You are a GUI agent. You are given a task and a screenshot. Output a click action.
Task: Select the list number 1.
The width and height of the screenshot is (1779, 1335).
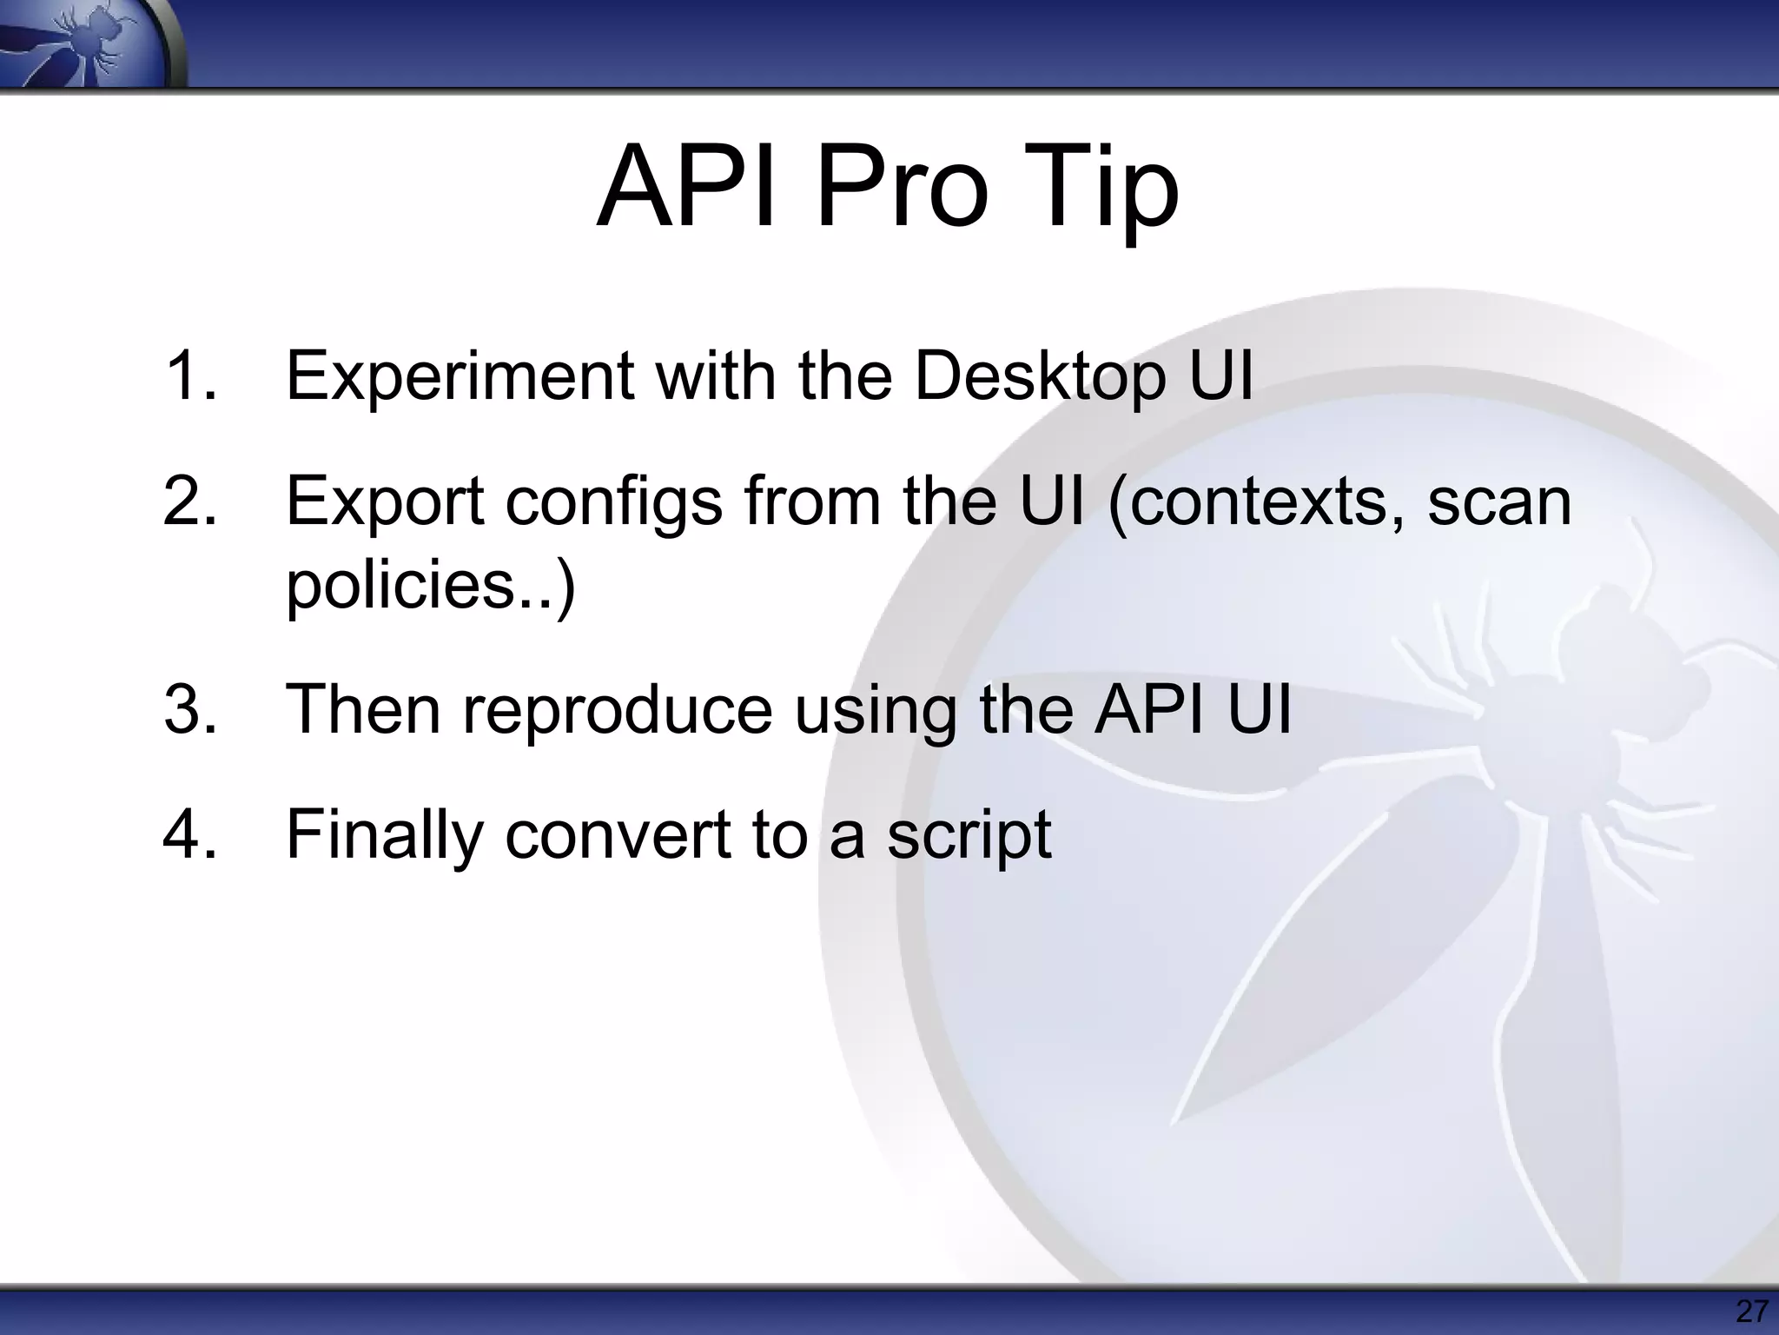[189, 375]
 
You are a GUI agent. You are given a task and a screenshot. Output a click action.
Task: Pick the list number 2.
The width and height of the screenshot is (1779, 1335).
[189, 501]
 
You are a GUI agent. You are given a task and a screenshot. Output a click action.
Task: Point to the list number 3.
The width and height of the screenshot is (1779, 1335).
[189, 709]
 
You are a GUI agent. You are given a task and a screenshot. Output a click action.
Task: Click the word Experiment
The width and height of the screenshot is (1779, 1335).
[460, 375]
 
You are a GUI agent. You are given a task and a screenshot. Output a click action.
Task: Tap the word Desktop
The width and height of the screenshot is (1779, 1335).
[1040, 375]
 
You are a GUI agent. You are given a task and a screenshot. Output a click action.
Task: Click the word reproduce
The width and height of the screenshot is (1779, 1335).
[617, 709]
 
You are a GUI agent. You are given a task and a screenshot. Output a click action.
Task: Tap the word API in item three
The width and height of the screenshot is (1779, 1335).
[1148, 709]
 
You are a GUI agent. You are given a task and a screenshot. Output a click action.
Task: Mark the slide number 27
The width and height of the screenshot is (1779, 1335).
[1751, 1310]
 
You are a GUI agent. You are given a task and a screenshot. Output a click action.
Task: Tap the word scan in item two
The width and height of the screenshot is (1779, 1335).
[1499, 501]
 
